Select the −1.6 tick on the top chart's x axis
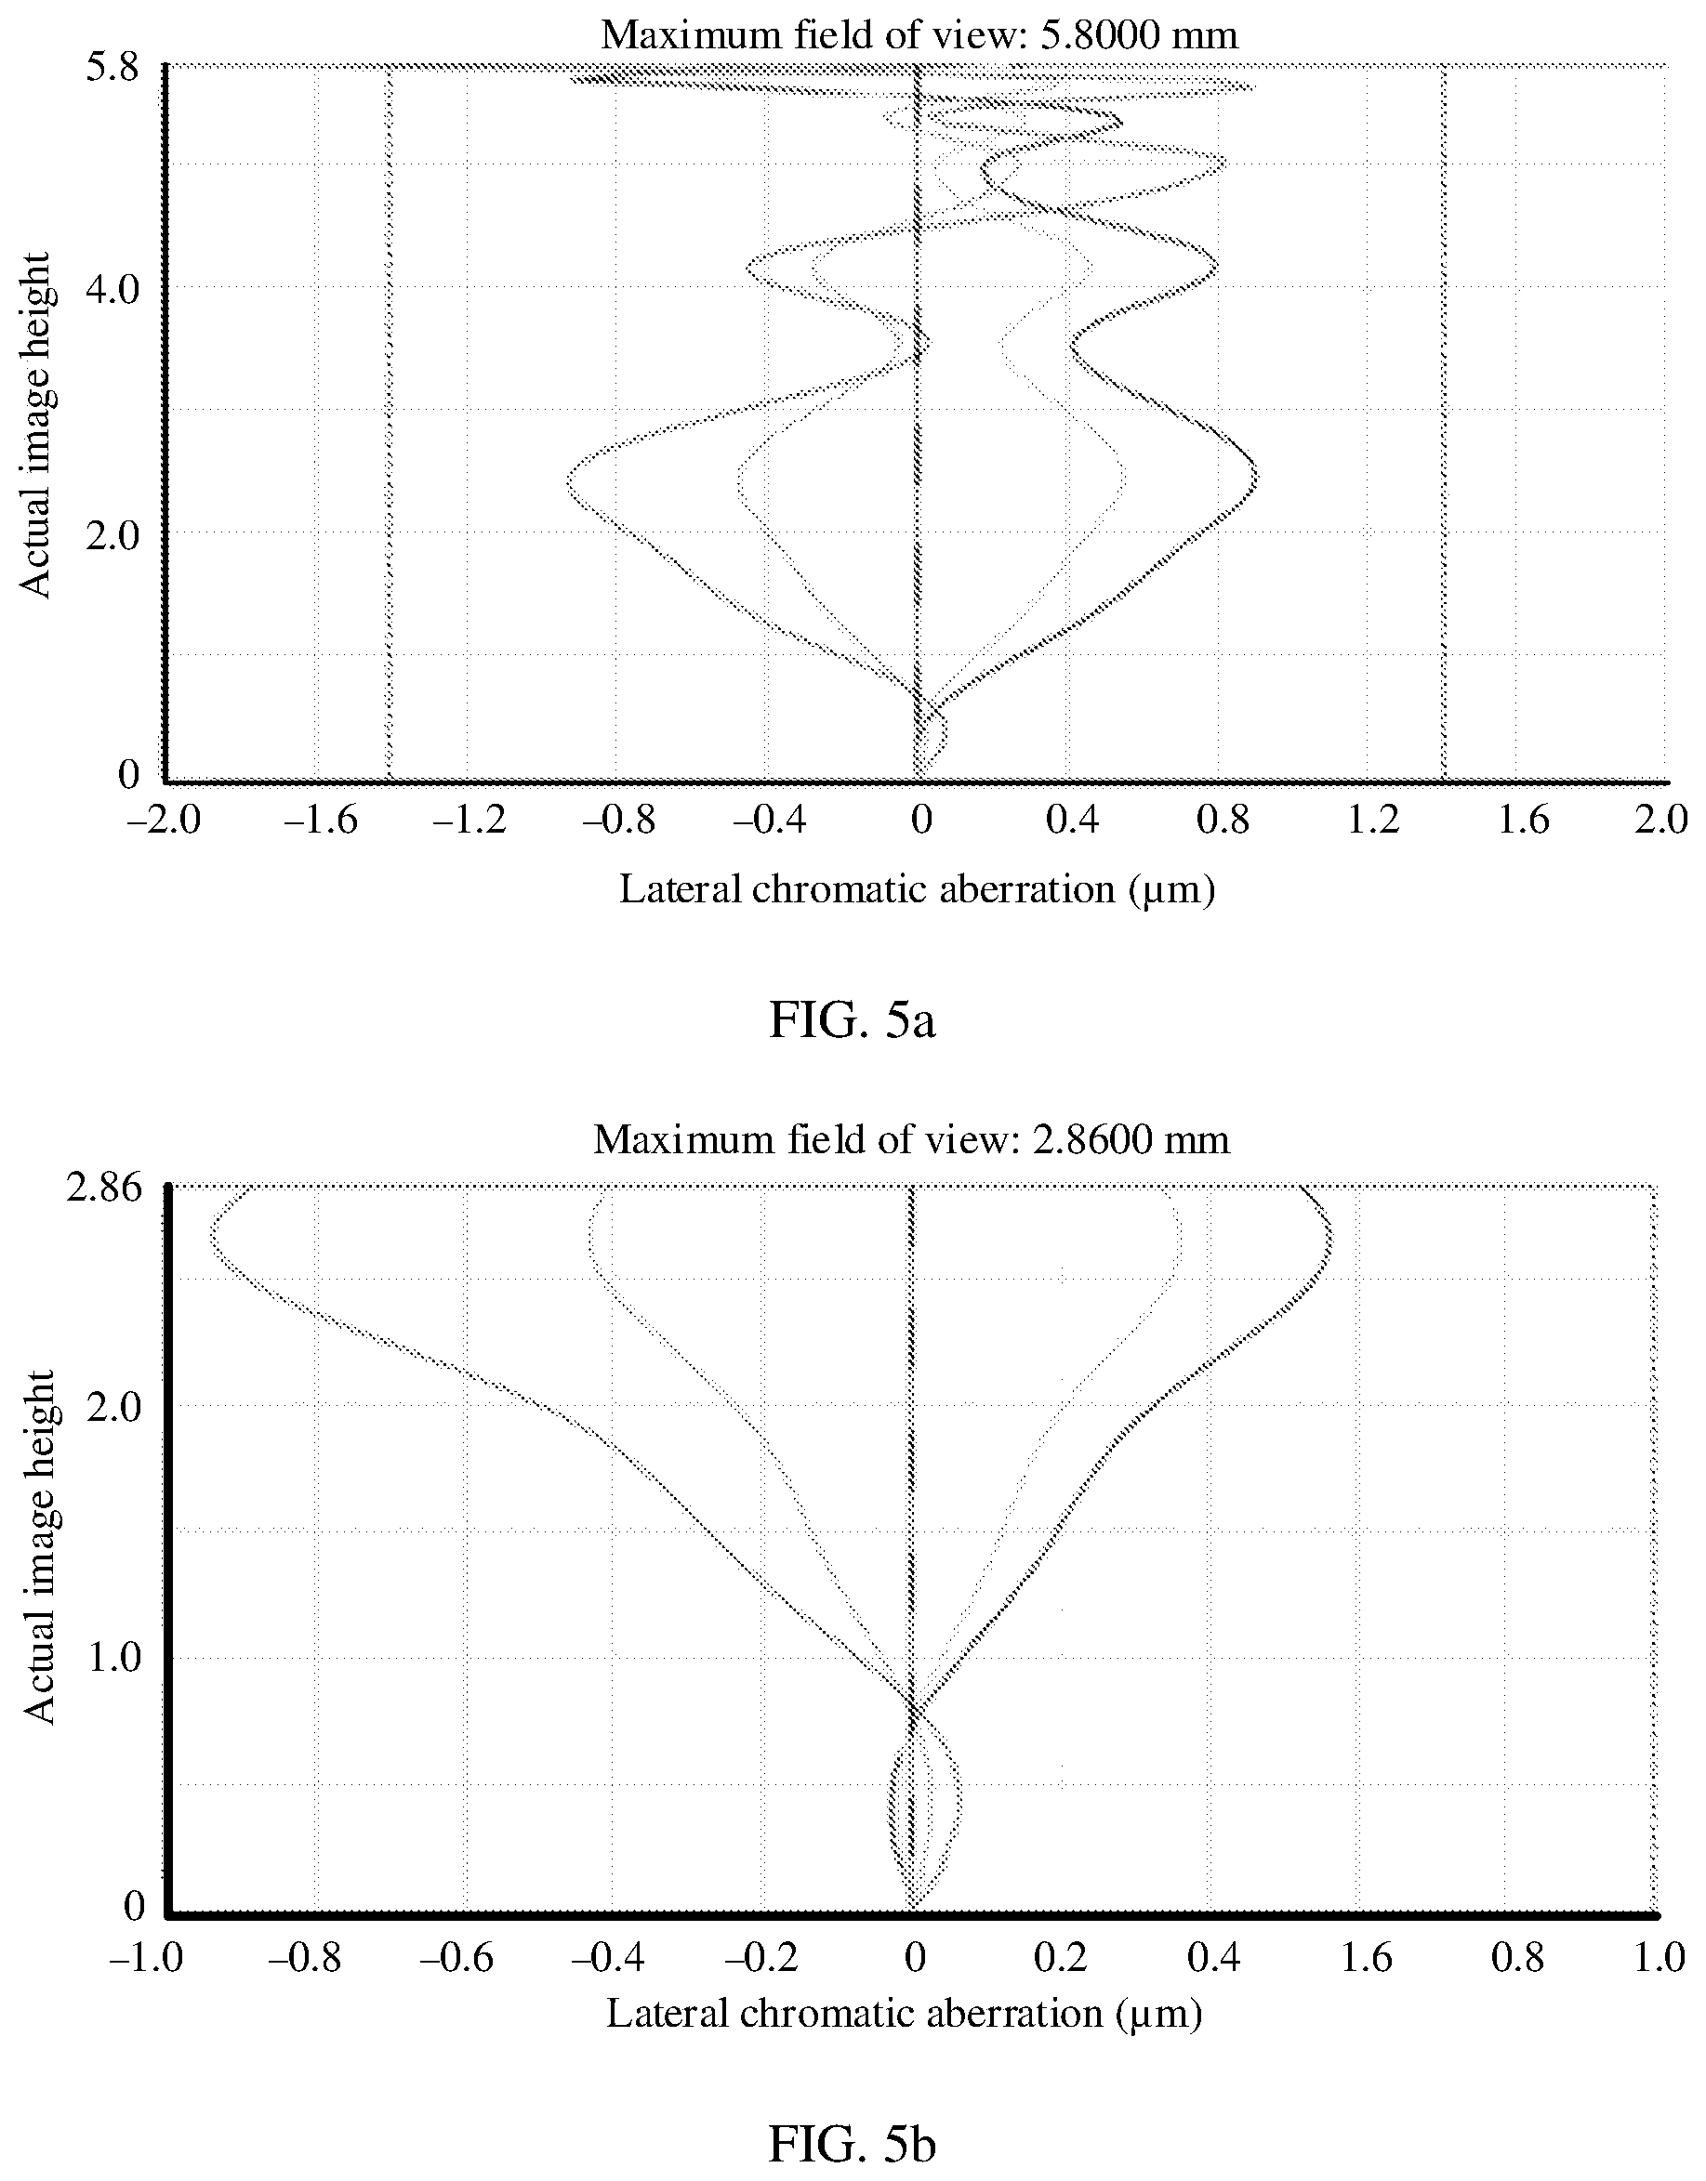pos(319,821)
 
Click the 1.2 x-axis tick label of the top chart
pos(1375,821)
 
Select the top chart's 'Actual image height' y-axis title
pos(37,426)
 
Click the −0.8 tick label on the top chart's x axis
pos(619,821)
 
